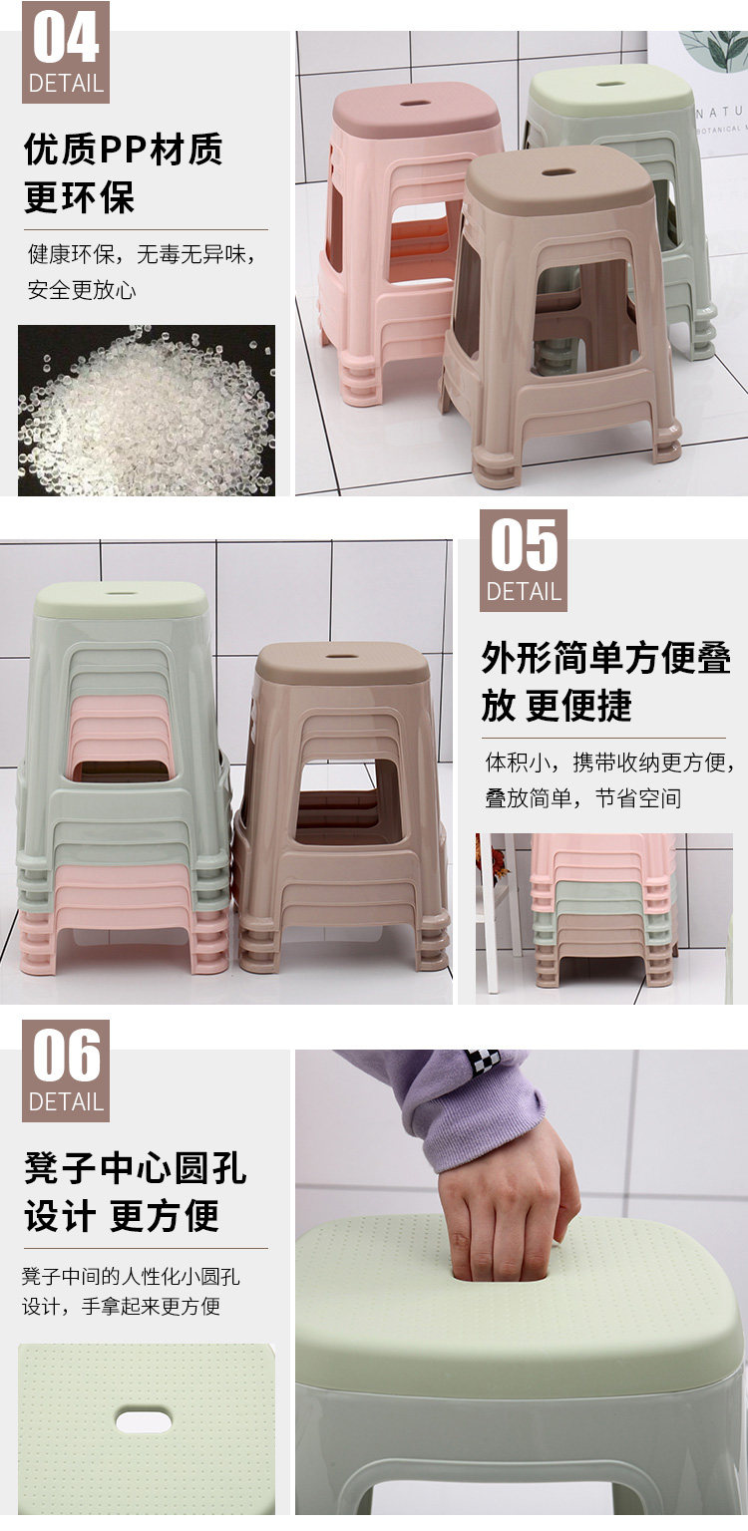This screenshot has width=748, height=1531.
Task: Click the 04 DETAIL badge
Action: pos(66,53)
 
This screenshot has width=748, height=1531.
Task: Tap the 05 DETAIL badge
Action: pos(523,560)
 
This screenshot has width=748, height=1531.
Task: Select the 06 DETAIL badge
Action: pos(66,1072)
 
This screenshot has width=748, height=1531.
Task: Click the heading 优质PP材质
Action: pos(123,150)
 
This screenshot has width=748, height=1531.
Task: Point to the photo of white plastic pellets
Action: pos(147,410)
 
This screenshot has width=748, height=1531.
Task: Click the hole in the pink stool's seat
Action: pos(416,105)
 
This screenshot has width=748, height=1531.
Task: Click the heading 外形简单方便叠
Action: pos(605,658)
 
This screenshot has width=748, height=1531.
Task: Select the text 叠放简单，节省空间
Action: pos(583,797)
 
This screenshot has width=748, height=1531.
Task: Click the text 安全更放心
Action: pos(82,290)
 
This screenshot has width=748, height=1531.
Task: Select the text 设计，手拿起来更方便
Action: pos(121,1306)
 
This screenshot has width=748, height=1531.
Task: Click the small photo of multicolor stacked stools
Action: pos(604,919)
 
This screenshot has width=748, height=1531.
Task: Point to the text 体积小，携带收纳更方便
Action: pos(609,763)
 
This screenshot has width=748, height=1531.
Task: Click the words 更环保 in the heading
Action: pos(80,197)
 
